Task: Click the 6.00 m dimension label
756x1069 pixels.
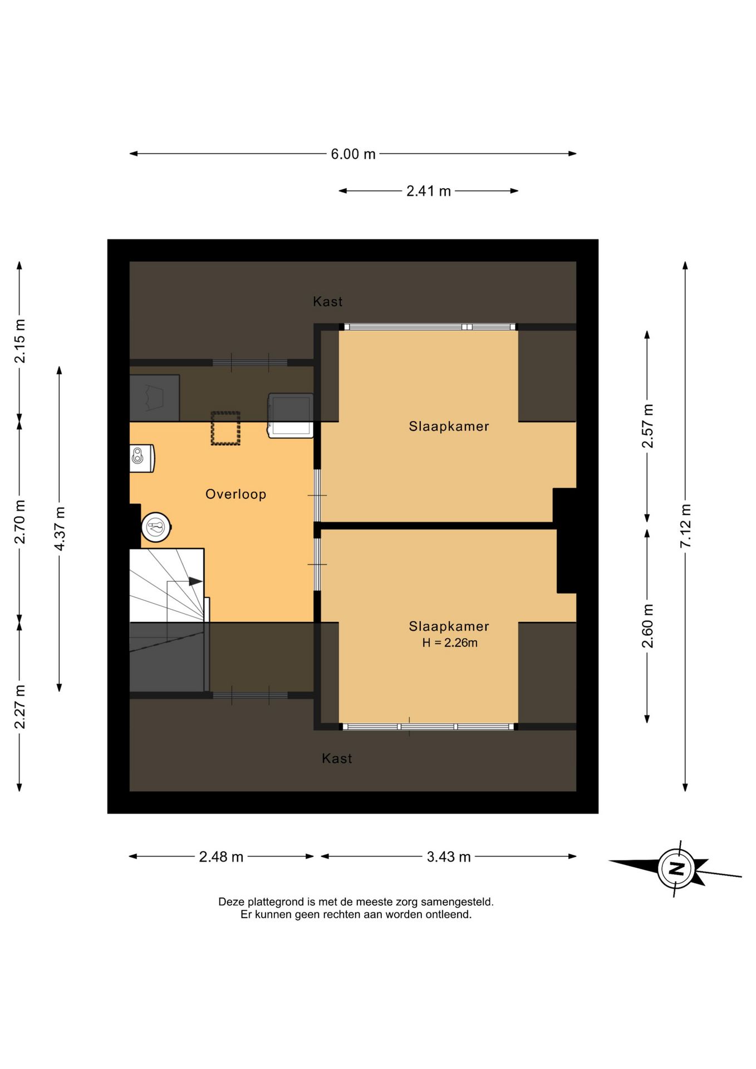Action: (x=353, y=154)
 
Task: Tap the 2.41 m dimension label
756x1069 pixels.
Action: (x=428, y=191)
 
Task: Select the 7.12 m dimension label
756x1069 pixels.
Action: (x=685, y=526)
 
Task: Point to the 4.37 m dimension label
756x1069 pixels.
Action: (x=60, y=528)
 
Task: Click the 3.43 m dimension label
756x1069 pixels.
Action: (x=449, y=857)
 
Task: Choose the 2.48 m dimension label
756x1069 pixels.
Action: (x=221, y=857)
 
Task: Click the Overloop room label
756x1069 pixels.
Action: (x=236, y=494)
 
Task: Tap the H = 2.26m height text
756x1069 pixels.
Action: (x=450, y=643)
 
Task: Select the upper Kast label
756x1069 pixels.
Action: (x=328, y=302)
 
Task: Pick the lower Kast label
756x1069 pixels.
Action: (x=337, y=758)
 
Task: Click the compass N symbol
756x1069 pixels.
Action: (x=676, y=869)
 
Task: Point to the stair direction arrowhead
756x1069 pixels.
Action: (x=195, y=581)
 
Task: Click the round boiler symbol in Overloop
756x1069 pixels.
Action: (x=156, y=527)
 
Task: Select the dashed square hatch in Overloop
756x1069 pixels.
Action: (x=225, y=428)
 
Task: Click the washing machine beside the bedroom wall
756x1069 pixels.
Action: (x=291, y=415)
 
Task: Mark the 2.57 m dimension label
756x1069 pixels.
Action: (x=647, y=426)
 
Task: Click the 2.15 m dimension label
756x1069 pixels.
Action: (x=20, y=341)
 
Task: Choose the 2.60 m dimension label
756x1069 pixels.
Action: (x=647, y=626)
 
